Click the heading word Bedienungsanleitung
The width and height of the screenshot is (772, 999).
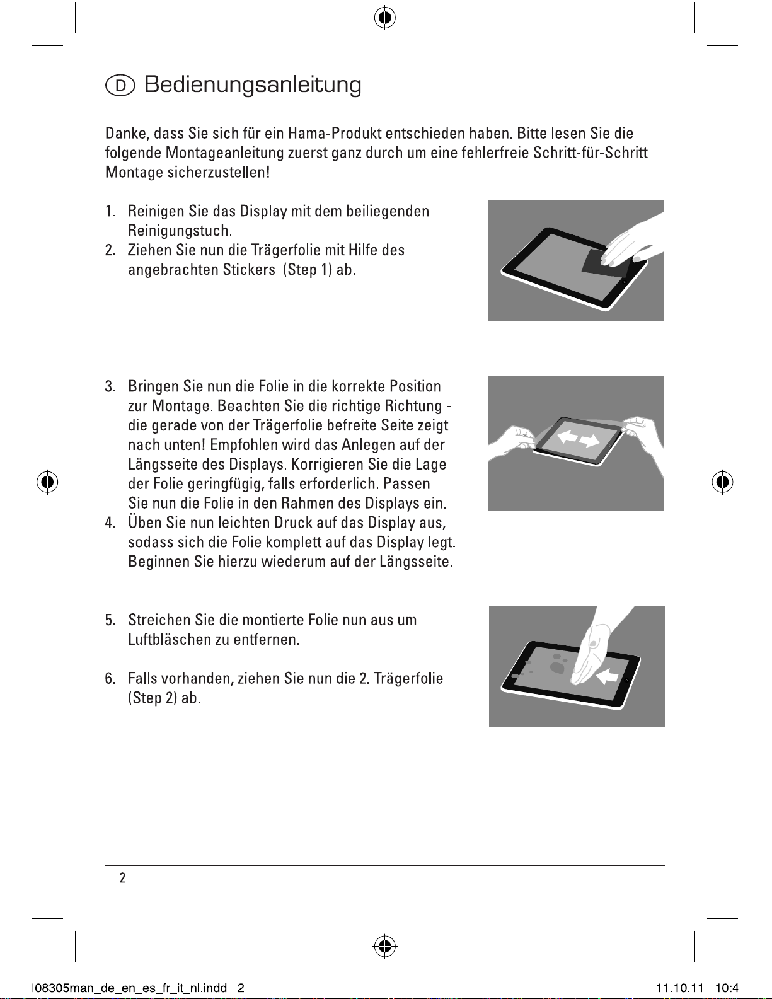tap(253, 85)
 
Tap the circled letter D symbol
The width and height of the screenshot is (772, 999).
tap(120, 86)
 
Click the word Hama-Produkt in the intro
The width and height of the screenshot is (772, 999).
tap(335, 134)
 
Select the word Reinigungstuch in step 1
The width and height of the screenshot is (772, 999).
tap(180, 230)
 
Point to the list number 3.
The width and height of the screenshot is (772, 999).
tap(110, 386)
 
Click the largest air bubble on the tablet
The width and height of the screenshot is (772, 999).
tap(557, 667)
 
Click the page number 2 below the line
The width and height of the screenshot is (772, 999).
tap(122, 877)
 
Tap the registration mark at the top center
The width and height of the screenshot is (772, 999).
tap(385, 18)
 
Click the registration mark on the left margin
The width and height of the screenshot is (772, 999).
tap(47, 482)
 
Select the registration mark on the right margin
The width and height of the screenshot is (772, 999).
tap(722, 482)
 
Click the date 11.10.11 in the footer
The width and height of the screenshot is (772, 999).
tap(679, 988)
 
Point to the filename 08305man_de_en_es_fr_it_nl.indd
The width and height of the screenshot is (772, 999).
tap(130, 988)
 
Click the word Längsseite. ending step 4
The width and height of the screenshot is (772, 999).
tap(416, 562)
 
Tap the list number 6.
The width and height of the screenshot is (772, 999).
tap(110, 679)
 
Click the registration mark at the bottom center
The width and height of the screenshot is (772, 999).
tap(385, 946)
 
